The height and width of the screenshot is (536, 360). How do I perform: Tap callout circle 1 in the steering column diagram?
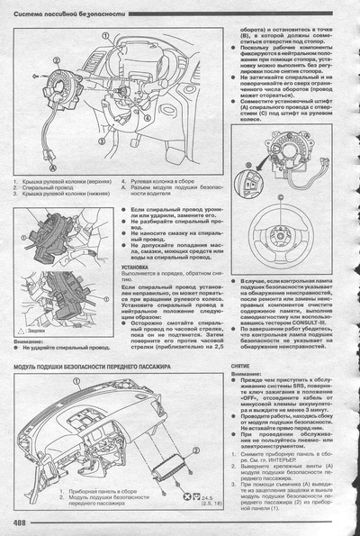tap(106, 37)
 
